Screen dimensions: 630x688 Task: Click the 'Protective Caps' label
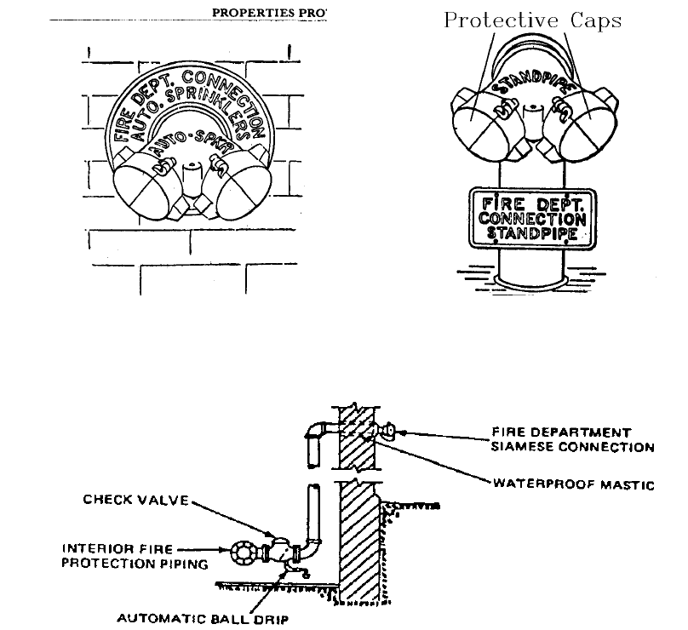(532, 20)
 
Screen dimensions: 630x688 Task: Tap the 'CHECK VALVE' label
(135, 500)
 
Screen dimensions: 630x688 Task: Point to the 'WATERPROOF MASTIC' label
(574, 484)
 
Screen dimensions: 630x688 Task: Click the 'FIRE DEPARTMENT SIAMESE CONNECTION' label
(572, 439)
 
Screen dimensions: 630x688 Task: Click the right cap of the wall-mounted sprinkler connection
(239, 188)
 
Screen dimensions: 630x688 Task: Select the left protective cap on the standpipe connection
(481, 119)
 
